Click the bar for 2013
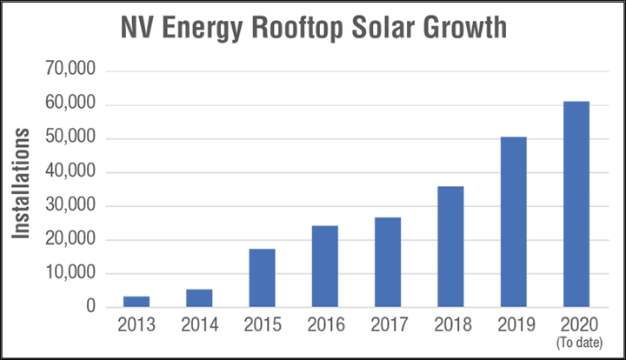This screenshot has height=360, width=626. coord(137,302)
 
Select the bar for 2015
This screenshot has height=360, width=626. coord(262,278)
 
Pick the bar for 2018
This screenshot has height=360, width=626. coord(450,247)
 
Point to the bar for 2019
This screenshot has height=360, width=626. coord(513,222)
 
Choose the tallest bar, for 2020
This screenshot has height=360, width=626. coord(576,204)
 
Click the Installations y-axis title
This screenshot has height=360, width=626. coord(23,184)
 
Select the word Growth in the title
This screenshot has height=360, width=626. coord(473,29)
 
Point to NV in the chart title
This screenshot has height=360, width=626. coord(137,29)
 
